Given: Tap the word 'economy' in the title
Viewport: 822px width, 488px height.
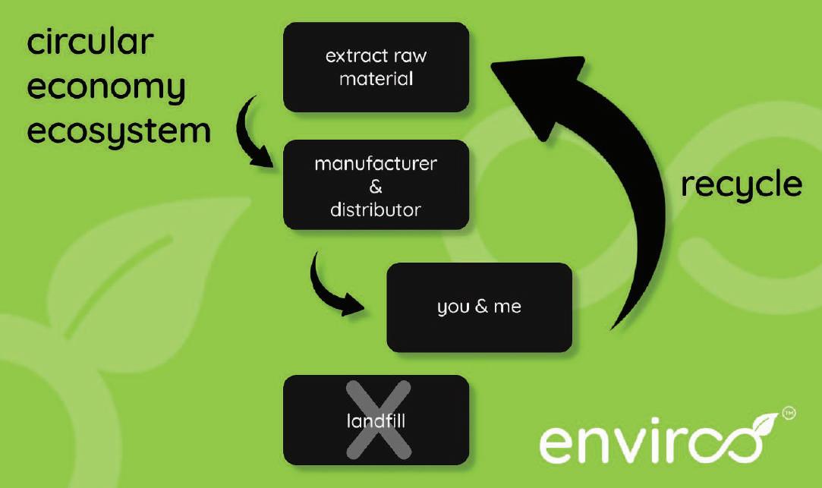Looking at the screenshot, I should pyautogui.click(x=106, y=89).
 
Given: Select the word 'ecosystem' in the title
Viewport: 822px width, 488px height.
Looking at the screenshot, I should pyautogui.click(x=119, y=132).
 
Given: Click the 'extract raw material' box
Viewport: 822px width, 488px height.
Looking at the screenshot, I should pyautogui.click(x=376, y=67).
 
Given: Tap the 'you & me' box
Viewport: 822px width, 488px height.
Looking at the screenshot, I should pyautogui.click(x=479, y=307).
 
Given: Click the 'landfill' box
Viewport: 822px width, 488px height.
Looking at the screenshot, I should pyautogui.click(x=376, y=420).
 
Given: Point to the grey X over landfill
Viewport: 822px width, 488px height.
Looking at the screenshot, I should pyautogui.click(x=378, y=420).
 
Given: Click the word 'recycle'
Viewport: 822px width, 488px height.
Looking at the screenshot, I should pyautogui.click(x=740, y=185).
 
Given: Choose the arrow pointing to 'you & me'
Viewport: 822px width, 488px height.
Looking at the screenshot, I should pyautogui.click(x=334, y=288).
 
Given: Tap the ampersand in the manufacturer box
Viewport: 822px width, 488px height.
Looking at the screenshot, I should pyautogui.click(x=376, y=187).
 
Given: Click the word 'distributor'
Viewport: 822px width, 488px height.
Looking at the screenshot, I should pyautogui.click(x=376, y=209).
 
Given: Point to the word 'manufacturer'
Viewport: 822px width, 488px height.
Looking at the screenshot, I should pyautogui.click(x=376, y=164).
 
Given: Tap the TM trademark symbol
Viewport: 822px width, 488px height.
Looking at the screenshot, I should pyautogui.click(x=789, y=414).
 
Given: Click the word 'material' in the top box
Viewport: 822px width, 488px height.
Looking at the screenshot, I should pyautogui.click(x=376, y=79).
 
